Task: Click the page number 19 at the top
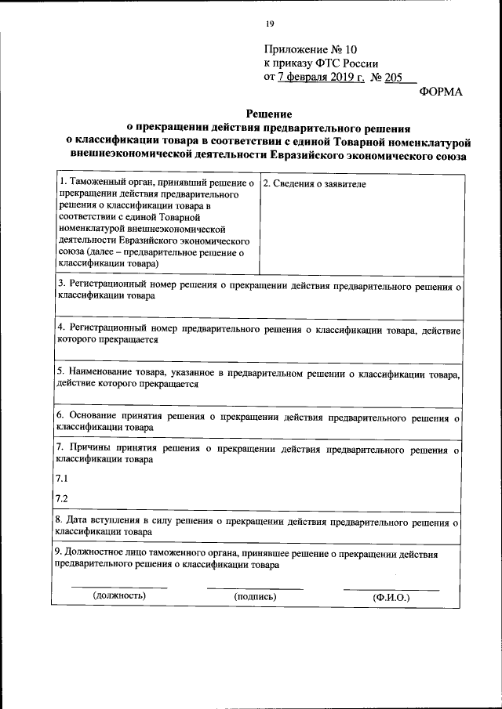click(x=269, y=23)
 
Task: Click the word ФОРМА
click(x=441, y=92)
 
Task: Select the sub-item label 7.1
click(x=62, y=478)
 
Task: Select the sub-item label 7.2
click(x=62, y=498)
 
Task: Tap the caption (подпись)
click(x=256, y=596)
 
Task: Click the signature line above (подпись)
click(x=255, y=588)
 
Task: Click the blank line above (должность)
click(x=119, y=587)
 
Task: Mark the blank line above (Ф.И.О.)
click(x=391, y=588)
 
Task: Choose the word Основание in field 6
click(x=93, y=416)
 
